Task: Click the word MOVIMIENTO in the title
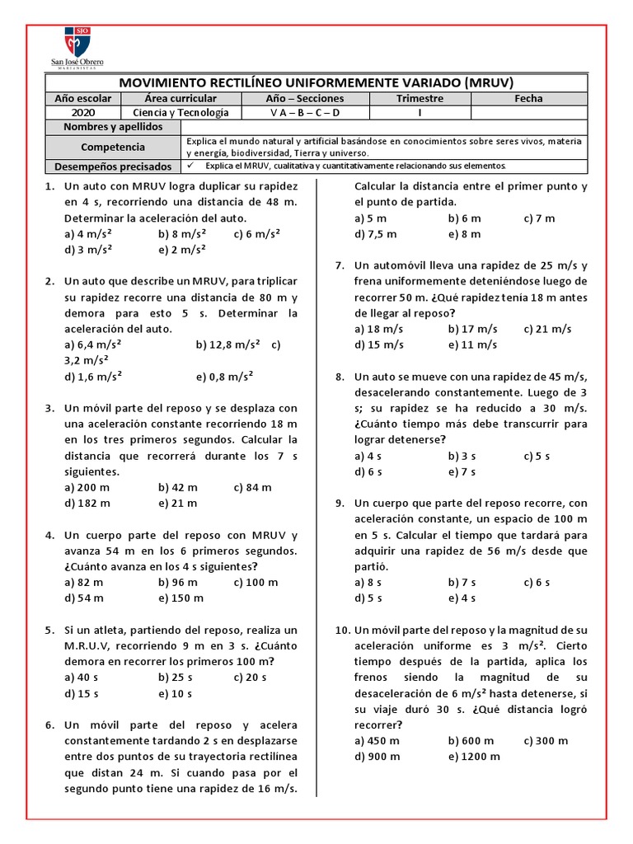coord(166,82)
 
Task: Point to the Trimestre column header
coord(420,98)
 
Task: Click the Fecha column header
coord(528,98)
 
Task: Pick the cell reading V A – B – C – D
coord(304,113)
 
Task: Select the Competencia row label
coord(112,147)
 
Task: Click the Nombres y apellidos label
coord(112,127)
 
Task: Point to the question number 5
coord(49,630)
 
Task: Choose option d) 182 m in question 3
coord(87,503)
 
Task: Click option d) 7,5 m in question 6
coord(375,234)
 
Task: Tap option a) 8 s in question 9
coord(368,583)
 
